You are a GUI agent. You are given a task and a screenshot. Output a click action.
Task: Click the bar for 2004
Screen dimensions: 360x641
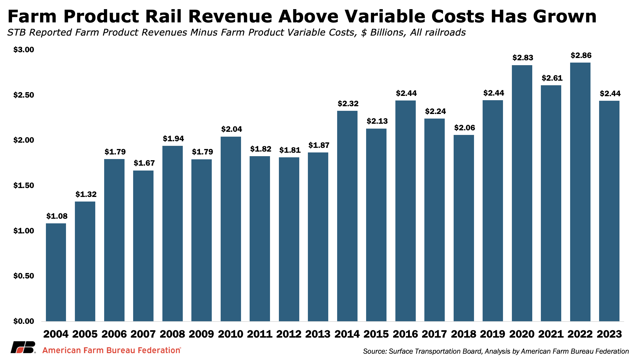coord(56,272)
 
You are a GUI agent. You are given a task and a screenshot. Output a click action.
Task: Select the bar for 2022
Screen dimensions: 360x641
coord(580,192)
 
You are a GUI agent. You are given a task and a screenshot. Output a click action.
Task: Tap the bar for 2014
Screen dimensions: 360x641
coord(347,216)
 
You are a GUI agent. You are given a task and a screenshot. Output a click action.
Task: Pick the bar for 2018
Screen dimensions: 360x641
coord(464,228)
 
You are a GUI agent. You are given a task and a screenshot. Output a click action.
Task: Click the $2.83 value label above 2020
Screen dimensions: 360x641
coord(523,58)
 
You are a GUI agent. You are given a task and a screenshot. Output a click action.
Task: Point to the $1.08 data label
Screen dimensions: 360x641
coord(57,216)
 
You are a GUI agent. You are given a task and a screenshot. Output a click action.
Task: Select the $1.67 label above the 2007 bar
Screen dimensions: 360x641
coord(144,163)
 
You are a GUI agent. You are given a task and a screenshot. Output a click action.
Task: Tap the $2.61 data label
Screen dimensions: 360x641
coord(552,78)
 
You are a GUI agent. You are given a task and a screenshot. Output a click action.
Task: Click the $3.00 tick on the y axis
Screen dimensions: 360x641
coord(24,50)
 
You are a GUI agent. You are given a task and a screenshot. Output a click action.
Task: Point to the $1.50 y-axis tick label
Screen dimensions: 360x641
coord(24,185)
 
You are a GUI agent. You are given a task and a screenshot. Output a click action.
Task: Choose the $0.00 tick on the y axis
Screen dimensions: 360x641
coord(24,321)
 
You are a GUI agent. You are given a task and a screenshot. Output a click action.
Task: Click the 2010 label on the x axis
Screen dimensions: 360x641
coord(230,334)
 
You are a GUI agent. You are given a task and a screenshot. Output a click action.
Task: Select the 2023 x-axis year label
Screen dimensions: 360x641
coord(609,334)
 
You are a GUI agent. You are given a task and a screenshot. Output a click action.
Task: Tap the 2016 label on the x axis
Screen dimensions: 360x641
coord(405,334)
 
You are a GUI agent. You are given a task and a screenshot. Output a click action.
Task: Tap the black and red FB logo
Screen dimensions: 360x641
coord(23,347)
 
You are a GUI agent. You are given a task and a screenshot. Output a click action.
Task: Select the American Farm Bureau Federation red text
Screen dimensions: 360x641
coord(112,350)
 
